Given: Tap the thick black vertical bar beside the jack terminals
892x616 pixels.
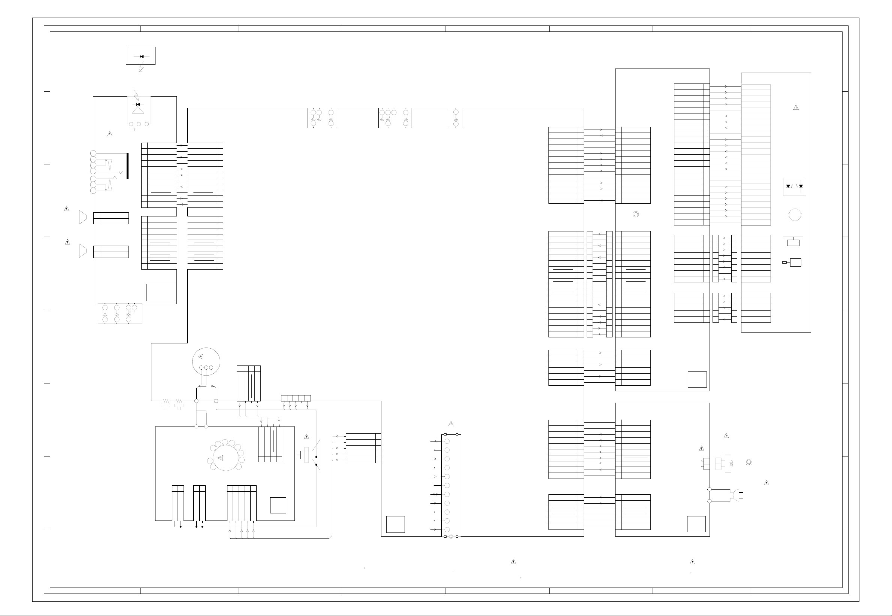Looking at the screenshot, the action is coord(127,166).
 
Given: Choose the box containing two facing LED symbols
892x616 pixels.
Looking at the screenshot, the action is coord(794,186).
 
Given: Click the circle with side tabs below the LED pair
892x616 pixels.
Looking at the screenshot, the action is coord(795,215).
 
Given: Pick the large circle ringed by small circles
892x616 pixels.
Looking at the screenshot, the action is coord(226,458).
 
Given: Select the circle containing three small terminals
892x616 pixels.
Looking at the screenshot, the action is coord(206,361).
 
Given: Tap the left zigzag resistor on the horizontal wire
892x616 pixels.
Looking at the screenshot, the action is coord(166,401).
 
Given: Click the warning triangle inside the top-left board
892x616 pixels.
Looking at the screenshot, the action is coord(110,134).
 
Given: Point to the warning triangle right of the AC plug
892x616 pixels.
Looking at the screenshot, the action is coord(766,483).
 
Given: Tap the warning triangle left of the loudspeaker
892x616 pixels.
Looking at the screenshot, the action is coord(306,437).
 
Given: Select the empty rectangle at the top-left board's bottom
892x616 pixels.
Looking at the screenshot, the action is coord(160,292).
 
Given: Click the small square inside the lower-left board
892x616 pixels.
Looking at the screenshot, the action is coord(278,505).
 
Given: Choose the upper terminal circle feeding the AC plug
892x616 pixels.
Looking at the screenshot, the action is coord(709,489).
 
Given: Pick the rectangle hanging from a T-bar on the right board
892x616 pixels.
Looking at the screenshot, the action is coord(793,242).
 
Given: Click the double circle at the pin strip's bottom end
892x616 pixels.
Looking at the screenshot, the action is coord(451,537).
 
